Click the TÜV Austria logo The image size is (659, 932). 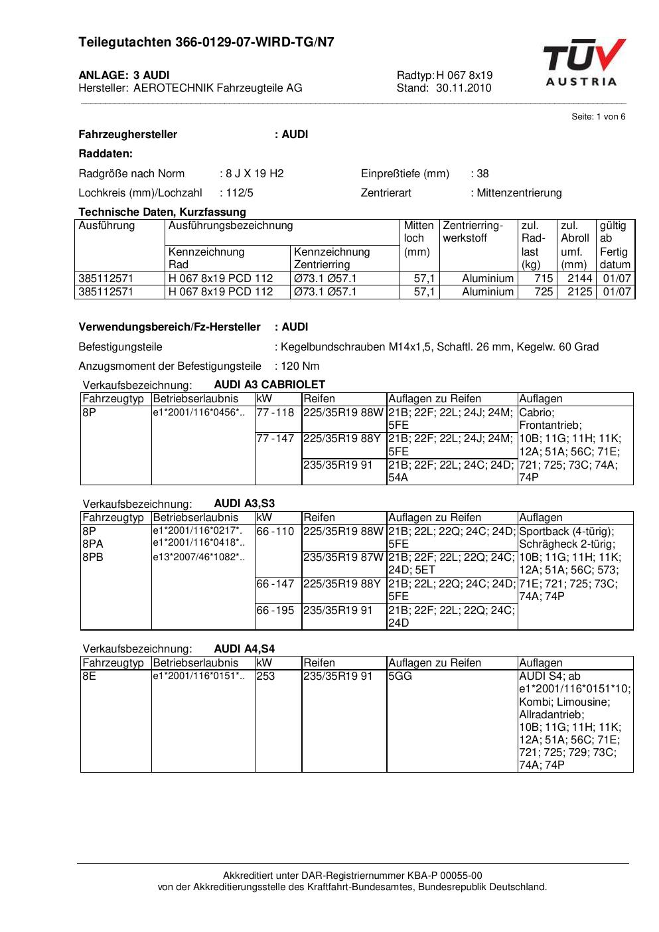point(584,62)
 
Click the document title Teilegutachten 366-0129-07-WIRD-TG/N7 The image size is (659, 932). point(206,42)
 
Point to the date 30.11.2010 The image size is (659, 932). point(464,88)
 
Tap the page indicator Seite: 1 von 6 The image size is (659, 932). point(598,117)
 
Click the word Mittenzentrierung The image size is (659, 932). point(519,193)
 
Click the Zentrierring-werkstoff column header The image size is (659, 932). point(473,232)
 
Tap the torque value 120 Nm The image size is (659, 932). point(300,366)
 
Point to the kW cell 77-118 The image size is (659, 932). point(275,413)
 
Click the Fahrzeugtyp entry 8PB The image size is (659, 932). point(93,558)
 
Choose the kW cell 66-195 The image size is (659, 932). point(275,610)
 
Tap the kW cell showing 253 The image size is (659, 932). point(265,676)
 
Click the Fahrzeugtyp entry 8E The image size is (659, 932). point(90,676)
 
